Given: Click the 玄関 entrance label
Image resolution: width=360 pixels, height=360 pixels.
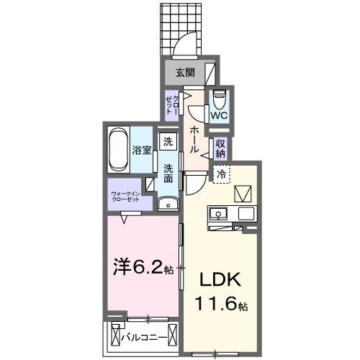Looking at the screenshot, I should (184, 72).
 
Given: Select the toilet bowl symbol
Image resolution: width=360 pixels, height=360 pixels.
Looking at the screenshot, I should (219, 96).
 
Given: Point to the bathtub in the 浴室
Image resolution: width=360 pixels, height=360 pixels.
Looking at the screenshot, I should (120, 150).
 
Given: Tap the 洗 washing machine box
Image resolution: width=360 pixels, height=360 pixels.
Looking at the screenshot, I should (168, 141).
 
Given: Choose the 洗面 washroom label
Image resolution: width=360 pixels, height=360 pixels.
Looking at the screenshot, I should (168, 173).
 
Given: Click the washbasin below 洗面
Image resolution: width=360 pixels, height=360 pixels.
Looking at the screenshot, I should (168, 204).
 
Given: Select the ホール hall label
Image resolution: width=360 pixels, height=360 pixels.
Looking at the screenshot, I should (194, 140).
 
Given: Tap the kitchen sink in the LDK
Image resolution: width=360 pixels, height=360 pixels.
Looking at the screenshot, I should (217, 214).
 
